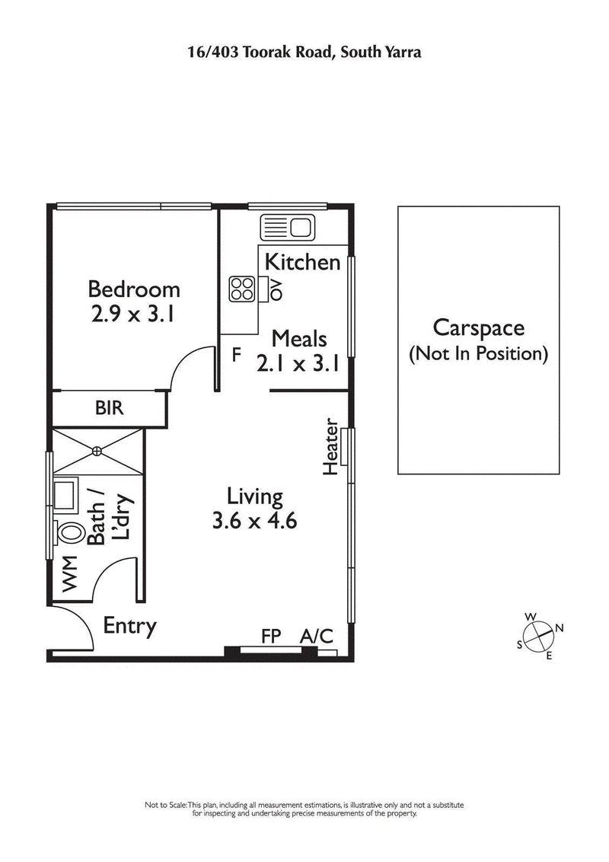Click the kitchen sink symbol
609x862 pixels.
click(x=287, y=226)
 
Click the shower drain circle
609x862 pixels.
click(x=97, y=451)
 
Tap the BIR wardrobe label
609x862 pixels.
click(x=109, y=408)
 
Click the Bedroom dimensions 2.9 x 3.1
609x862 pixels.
click(x=134, y=314)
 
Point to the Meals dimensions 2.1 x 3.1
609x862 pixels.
click(x=297, y=363)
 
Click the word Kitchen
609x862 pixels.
click(x=302, y=262)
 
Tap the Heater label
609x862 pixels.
click(x=331, y=447)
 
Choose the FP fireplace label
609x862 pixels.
click(x=271, y=636)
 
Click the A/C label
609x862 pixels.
click(x=317, y=636)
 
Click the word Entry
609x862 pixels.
click(x=130, y=626)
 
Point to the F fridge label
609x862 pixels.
click(x=237, y=355)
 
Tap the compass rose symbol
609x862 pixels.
click(x=539, y=634)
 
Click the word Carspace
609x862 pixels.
click(x=478, y=328)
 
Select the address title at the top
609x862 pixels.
click(x=304, y=52)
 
